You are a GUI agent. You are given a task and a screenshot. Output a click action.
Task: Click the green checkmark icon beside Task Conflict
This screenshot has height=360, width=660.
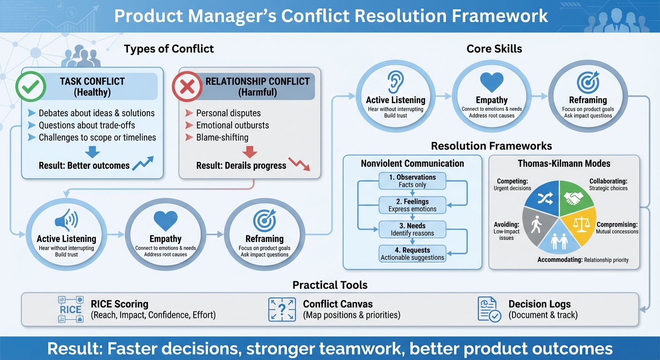31,86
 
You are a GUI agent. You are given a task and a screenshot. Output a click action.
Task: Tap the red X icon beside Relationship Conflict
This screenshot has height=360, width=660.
187,86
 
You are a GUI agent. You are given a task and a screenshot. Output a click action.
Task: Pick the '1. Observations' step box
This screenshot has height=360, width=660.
412,181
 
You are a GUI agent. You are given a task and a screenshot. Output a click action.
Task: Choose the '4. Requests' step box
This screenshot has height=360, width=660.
412,254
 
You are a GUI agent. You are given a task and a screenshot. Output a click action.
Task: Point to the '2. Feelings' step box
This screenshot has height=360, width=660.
412,205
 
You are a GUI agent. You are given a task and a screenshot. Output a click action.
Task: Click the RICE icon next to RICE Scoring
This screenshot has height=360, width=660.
70,309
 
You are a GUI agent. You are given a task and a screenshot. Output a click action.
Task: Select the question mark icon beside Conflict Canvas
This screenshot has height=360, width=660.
282,309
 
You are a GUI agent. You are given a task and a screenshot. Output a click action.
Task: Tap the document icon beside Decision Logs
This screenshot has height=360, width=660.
489,309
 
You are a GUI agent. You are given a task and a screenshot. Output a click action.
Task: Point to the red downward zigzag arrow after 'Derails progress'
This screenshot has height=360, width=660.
299,164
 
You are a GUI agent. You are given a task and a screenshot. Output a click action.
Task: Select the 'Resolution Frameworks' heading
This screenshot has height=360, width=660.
491,146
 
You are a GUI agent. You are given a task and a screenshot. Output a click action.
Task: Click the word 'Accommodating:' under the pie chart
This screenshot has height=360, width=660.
560,260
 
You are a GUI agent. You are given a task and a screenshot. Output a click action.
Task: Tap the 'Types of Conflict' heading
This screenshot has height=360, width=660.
169,49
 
